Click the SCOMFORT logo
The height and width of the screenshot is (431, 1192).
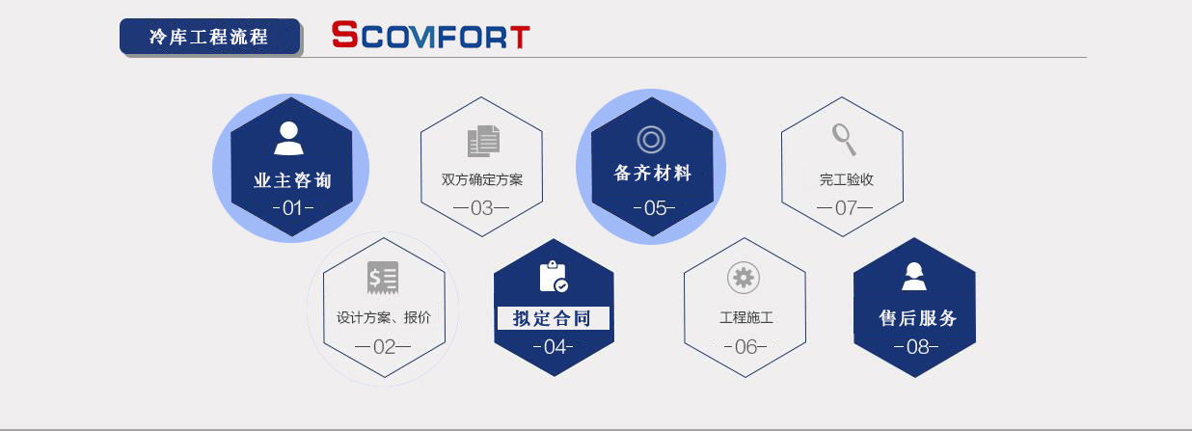point(430,37)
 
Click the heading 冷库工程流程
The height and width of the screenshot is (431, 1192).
point(208,37)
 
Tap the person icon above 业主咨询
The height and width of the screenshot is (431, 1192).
point(289,138)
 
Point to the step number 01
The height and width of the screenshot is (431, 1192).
point(291,207)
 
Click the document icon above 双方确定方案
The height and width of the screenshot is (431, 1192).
point(483,142)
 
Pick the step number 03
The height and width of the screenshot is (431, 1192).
point(481,207)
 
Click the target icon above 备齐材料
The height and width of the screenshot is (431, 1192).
point(651,140)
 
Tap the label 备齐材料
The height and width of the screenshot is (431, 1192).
point(653,174)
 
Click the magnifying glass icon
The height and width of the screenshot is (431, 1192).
point(844,139)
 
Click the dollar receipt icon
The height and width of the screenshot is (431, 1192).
point(382,278)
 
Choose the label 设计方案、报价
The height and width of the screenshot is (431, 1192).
point(384,317)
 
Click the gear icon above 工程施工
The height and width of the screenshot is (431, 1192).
point(743,278)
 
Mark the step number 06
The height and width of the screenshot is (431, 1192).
point(745,347)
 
